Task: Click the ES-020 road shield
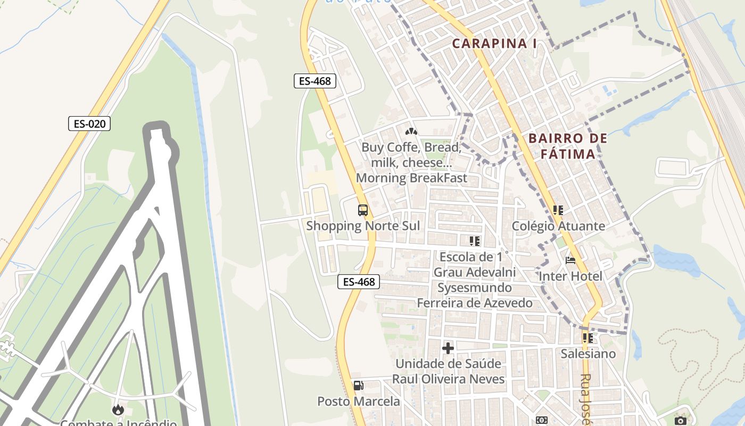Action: [x=89, y=124]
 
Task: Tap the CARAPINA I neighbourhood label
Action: [x=494, y=44]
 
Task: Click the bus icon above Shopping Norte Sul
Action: [x=363, y=210]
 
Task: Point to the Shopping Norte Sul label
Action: [x=363, y=226]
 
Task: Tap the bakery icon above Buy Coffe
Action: [x=411, y=131]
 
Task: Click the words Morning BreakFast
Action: [x=411, y=178]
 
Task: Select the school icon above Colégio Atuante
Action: [x=558, y=210]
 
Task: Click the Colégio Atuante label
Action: [x=558, y=226]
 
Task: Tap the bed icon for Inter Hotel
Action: [x=570, y=260]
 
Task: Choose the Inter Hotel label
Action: [x=570, y=276]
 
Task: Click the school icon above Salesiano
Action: [x=587, y=338]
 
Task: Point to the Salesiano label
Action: [x=588, y=354]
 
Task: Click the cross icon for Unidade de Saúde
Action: [x=448, y=348]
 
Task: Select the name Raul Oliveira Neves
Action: [x=448, y=379]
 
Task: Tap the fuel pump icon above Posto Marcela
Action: [x=359, y=386]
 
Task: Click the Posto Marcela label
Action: [x=359, y=401]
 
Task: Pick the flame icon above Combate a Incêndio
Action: [x=118, y=409]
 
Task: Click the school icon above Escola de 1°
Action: [x=475, y=241]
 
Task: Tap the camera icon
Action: [x=680, y=421]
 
